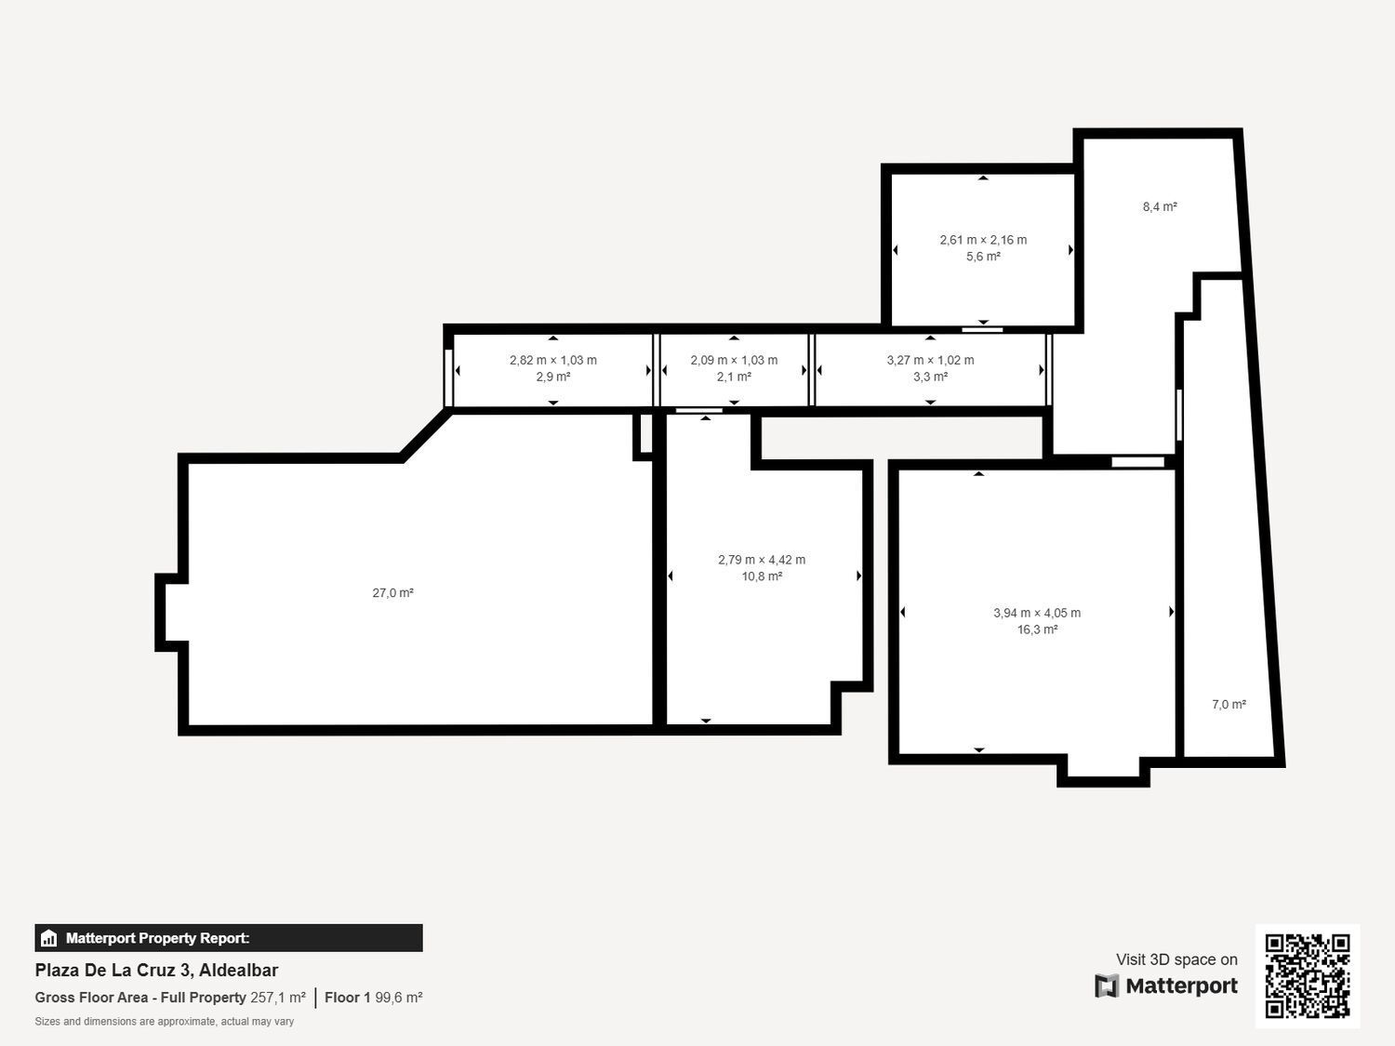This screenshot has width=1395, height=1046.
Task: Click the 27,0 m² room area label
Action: click(392, 593)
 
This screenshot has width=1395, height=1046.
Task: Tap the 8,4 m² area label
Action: click(1160, 207)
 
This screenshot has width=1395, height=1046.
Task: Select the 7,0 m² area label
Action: click(1229, 705)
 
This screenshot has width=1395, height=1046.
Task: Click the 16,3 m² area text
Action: click(1037, 629)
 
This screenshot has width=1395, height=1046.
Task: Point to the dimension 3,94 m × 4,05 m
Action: click(1037, 613)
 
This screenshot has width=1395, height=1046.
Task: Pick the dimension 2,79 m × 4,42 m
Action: click(762, 560)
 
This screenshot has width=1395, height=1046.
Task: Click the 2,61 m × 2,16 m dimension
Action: click(983, 240)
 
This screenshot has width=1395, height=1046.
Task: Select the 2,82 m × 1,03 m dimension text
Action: click(553, 360)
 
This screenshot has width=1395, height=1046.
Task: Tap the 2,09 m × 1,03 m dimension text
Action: click(734, 360)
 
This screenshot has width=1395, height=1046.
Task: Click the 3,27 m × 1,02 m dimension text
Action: click(930, 360)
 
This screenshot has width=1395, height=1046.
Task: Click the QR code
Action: click(1307, 975)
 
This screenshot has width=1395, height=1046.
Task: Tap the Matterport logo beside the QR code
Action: click(1166, 986)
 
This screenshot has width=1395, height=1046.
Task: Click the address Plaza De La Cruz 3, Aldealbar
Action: click(156, 970)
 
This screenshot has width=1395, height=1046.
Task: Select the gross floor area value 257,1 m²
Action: click(278, 998)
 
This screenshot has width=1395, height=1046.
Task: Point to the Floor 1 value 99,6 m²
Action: click(399, 998)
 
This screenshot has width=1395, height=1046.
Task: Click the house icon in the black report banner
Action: click(49, 938)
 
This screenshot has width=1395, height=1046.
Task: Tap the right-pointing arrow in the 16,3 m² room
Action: click(1171, 612)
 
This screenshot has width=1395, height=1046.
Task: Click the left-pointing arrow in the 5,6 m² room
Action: click(896, 250)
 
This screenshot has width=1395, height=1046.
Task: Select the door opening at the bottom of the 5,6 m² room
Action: click(982, 329)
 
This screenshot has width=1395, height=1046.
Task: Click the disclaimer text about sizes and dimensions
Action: click(165, 1022)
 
